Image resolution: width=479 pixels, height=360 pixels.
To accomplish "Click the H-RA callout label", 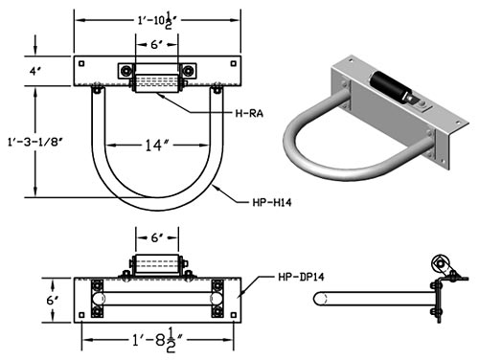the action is [x=249, y=113].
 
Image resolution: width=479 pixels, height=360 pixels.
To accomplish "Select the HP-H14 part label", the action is [x=272, y=202].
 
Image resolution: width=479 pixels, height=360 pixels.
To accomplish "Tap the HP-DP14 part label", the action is [x=301, y=277].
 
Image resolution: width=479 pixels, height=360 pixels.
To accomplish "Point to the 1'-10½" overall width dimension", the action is [x=158, y=21].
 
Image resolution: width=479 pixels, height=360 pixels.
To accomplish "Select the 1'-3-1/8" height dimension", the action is [x=34, y=142].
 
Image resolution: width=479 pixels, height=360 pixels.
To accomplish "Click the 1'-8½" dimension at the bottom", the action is [x=158, y=340].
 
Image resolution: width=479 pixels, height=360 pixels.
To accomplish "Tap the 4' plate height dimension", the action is [x=35, y=72].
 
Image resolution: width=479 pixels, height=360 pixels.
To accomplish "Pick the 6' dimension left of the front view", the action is [x=52, y=301].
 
